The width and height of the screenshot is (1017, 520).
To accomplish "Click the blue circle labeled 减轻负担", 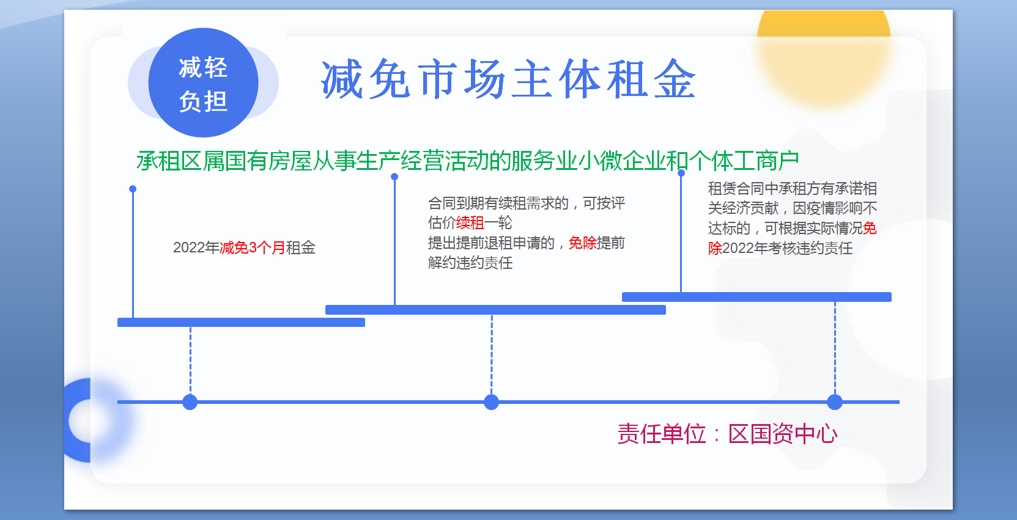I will [203, 83].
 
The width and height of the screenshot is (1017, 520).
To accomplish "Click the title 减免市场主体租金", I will [508, 80].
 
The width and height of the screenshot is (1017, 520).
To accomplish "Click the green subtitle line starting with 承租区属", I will [467, 161].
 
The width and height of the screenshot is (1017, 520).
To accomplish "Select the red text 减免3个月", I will [252, 247].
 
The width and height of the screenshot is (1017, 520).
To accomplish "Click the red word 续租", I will [470, 222].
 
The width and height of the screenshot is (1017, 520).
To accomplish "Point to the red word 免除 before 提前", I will [582, 243].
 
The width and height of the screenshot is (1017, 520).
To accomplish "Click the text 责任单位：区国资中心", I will [727, 434].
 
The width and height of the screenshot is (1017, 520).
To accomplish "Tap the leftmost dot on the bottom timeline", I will [190, 402].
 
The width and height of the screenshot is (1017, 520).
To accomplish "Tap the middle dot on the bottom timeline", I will [491, 402].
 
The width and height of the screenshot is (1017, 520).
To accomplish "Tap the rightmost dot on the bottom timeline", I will [835, 402].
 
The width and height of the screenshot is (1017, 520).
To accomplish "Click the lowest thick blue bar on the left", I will [241, 322].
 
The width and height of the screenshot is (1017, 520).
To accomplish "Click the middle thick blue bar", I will [495, 309].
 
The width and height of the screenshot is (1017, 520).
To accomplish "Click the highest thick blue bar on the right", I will [756, 297].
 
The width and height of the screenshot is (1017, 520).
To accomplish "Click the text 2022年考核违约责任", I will [787, 248].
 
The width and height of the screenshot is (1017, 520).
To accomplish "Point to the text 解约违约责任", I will [470, 263].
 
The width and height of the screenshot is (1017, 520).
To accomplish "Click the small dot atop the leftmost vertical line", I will [133, 189].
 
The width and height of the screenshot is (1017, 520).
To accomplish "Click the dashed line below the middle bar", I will [492, 354].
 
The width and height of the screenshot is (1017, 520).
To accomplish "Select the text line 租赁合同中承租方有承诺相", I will [792, 188].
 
